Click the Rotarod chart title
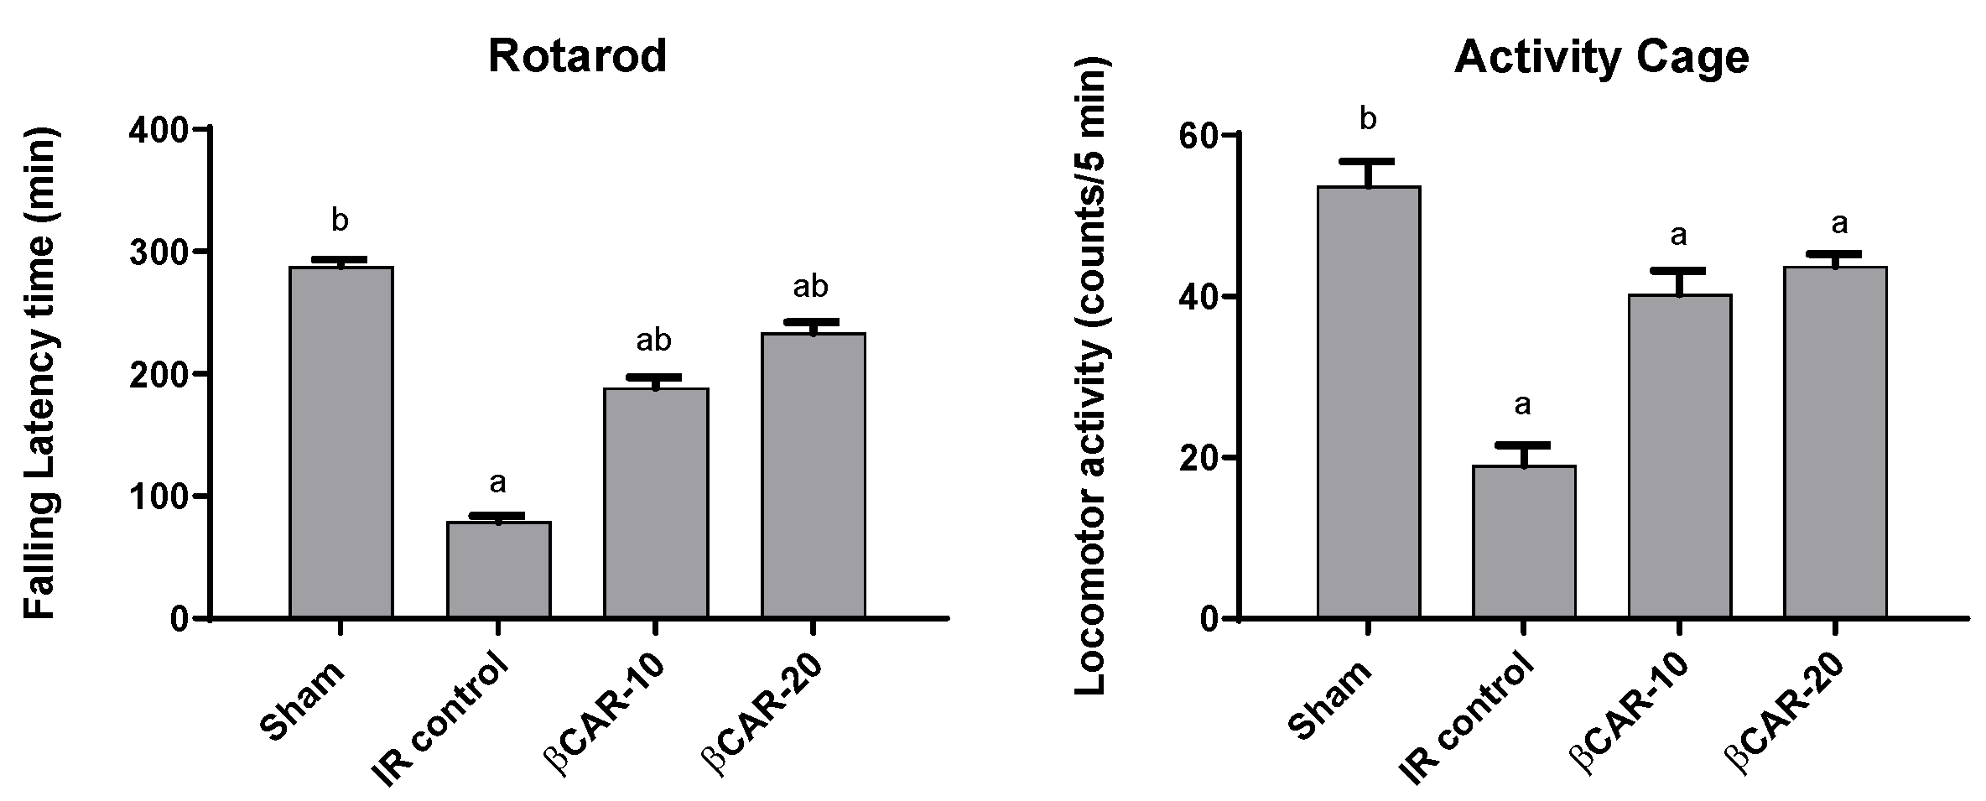[577, 57]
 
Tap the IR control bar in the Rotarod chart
[498, 570]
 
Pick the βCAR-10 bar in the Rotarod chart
[656, 503]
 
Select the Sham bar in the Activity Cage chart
[1368, 403]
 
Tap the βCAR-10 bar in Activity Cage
[1680, 456]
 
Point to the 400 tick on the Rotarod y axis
[166, 129]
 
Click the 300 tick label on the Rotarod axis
[166, 252]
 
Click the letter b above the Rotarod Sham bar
[340, 221]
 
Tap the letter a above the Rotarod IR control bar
[497, 482]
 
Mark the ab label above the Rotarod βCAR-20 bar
[811, 288]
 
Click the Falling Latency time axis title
[39, 373]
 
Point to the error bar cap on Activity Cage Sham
[1368, 160]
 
